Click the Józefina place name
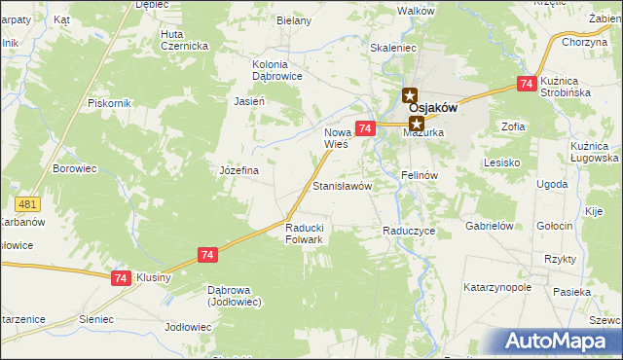(238, 170)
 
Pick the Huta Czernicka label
(185, 40)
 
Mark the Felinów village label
(421, 175)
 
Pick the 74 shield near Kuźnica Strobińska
(527, 85)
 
